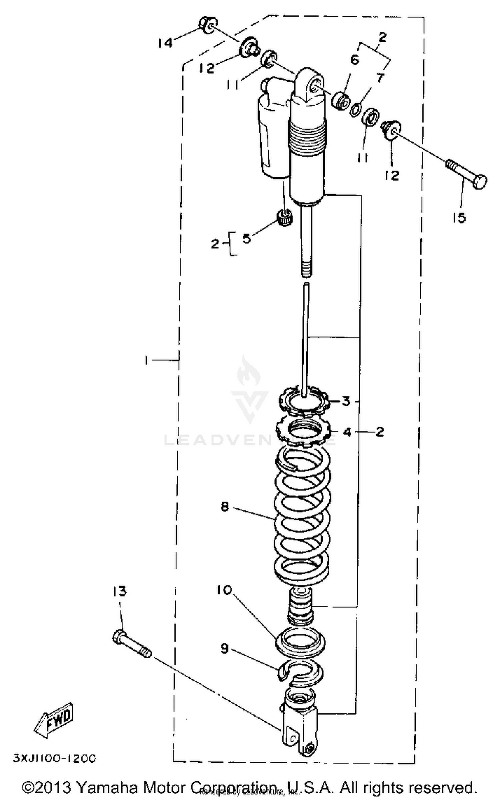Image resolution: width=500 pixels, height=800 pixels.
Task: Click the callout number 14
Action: (x=165, y=43)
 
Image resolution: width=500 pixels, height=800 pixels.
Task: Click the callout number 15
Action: (x=459, y=218)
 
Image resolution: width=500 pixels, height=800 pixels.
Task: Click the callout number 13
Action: (x=119, y=592)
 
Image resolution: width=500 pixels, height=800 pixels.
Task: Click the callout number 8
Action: (x=225, y=507)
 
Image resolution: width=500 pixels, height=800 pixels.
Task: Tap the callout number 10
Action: (x=224, y=590)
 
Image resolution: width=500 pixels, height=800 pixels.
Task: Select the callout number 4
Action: (x=347, y=432)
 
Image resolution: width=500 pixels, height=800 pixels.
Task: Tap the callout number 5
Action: (x=246, y=238)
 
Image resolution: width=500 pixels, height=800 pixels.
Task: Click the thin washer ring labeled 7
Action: (x=356, y=110)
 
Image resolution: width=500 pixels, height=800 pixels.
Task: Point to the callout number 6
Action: (x=355, y=60)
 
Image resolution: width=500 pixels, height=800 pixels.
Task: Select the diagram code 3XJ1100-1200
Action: (x=55, y=758)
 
